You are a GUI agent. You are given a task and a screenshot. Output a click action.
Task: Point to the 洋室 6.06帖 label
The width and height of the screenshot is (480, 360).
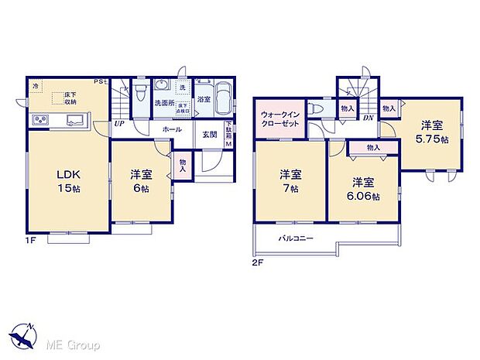364,190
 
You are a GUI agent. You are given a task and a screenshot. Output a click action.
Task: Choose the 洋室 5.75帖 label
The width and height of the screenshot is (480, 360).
431,129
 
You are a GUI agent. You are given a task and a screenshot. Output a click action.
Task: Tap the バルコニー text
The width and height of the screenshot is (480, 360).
296,238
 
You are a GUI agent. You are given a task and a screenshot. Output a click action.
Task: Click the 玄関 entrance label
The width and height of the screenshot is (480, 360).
210,135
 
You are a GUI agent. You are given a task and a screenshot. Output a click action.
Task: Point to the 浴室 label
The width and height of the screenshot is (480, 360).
204,100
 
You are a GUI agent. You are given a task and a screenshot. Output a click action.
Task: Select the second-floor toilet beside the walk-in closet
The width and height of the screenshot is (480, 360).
317,109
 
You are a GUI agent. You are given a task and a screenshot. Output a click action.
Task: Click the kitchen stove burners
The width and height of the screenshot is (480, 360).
40,120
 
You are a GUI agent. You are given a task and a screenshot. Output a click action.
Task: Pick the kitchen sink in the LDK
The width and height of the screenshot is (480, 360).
76,120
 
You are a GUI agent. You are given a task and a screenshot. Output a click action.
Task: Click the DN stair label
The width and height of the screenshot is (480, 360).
369,118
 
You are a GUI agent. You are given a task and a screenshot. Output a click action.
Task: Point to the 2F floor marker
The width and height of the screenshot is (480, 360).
259,262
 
